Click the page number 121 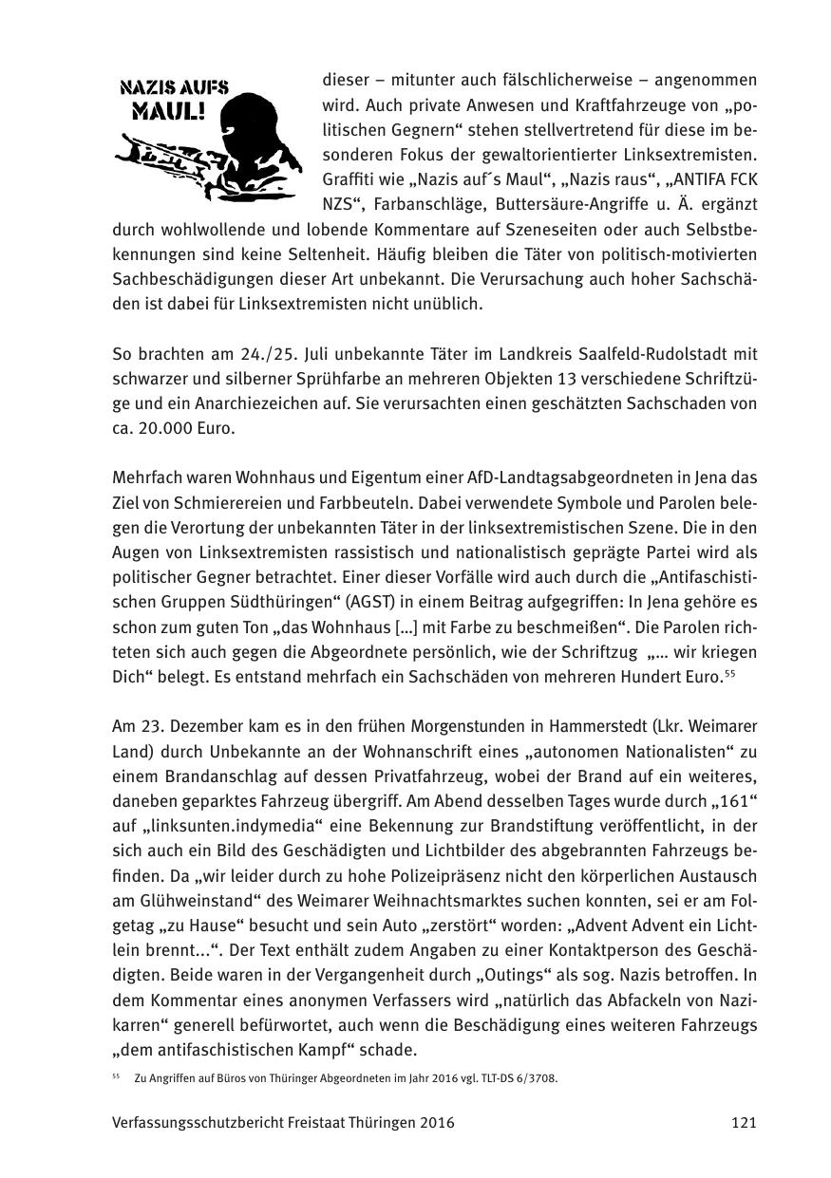[x=744, y=1123]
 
